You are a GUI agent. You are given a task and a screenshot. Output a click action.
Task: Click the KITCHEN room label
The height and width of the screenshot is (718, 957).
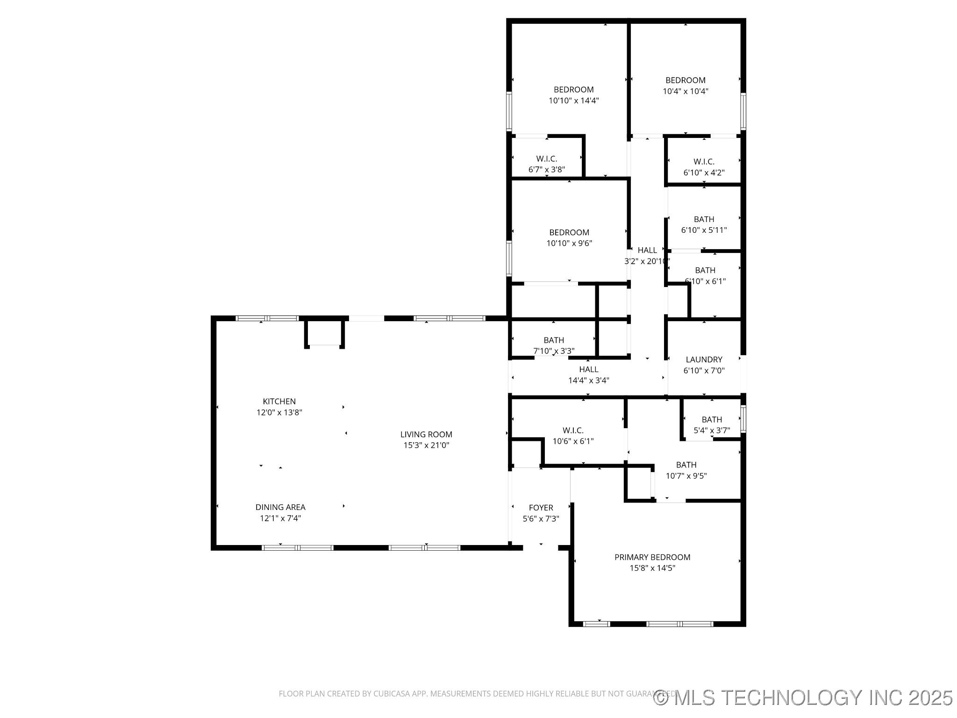[279, 401]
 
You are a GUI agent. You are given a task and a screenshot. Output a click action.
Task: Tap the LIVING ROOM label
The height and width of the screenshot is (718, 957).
[426, 434]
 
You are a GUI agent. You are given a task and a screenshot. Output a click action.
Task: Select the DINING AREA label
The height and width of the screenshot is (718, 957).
[280, 507]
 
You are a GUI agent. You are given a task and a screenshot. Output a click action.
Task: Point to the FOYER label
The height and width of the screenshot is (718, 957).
[541, 507]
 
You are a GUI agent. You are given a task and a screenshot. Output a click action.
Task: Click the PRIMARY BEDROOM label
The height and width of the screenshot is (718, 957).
[652, 557]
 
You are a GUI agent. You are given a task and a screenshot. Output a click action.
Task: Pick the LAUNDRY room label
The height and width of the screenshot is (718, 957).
[704, 359]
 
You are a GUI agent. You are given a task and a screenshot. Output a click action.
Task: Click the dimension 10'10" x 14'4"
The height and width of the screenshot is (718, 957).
[573, 101]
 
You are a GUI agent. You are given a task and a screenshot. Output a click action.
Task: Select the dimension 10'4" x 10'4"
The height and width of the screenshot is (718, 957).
[685, 91]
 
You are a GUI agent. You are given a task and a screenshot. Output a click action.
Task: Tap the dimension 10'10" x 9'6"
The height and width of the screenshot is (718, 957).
[569, 243]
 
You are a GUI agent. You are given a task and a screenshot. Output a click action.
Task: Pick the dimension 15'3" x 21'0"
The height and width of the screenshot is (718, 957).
[426, 445]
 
